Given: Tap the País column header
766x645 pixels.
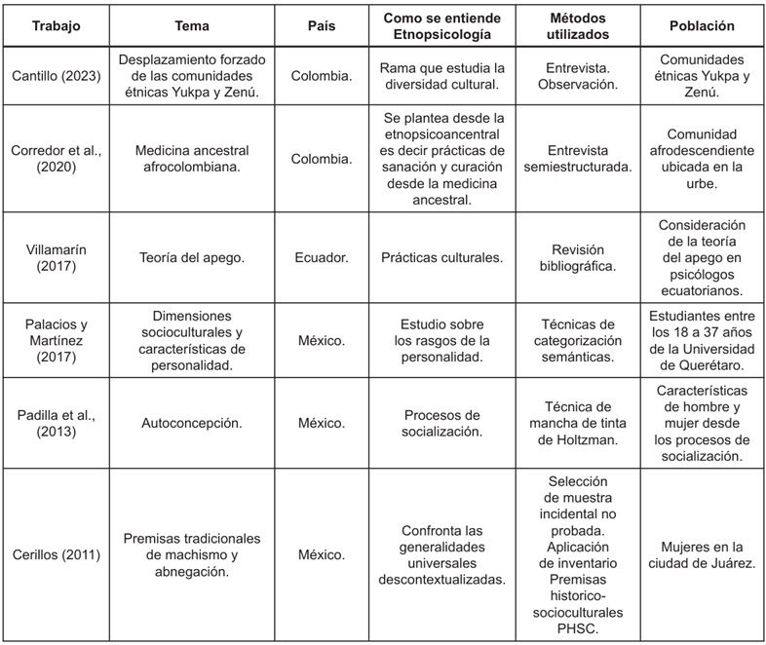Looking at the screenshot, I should tap(323, 26).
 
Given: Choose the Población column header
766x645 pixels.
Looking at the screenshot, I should tap(702, 26).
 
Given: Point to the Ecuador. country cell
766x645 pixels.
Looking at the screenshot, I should tap(323, 258).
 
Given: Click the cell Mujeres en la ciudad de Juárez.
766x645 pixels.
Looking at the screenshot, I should tap(702, 555).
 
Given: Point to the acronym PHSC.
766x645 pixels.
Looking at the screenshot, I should tap(578, 628).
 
